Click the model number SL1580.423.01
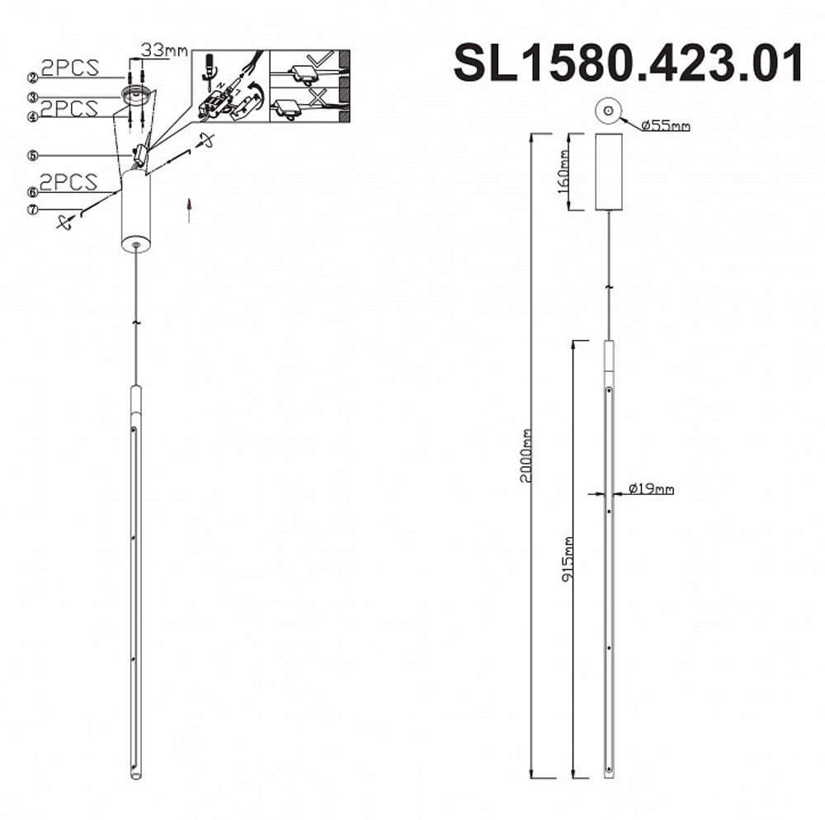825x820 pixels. [628, 64]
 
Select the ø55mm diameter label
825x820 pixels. [665, 126]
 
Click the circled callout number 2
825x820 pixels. [33, 78]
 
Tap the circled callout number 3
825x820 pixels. [33, 97]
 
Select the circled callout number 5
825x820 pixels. [33, 154]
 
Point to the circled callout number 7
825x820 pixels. [33, 210]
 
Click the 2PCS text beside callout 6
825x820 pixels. [70, 181]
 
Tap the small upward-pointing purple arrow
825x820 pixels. [191, 210]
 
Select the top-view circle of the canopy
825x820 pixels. [608, 111]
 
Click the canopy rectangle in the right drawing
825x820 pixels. [610, 172]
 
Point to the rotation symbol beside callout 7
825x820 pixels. [66, 221]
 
